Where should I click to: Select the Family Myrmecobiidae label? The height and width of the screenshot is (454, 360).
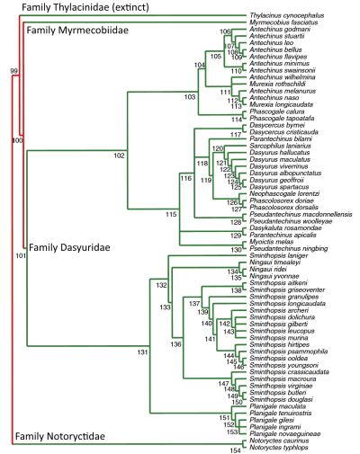pos(73,31)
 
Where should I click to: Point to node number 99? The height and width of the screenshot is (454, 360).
pos(14,69)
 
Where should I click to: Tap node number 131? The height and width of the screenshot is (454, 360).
pos(141,352)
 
